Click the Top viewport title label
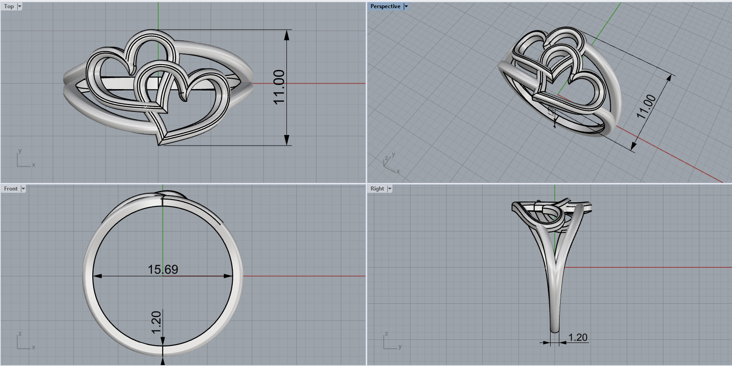tap(9, 6)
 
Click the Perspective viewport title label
tap(385, 6)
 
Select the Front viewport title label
tap(10, 189)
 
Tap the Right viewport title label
tap(377, 189)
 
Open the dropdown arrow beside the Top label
tap(20, 6)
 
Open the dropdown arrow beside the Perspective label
tap(406, 6)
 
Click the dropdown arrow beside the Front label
tap(23, 189)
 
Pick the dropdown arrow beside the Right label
tap(390, 189)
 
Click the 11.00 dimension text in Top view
tap(279, 87)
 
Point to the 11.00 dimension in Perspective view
tap(646, 106)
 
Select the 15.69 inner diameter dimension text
tap(163, 270)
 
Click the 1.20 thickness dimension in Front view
tap(156, 322)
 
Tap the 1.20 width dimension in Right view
tap(578, 337)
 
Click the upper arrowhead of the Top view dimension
tap(287, 35)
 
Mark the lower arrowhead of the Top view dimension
tap(287, 140)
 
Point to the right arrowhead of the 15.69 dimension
tap(228, 276)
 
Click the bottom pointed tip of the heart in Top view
tap(160, 144)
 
